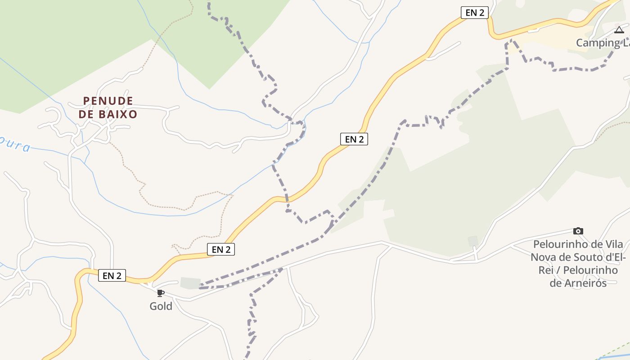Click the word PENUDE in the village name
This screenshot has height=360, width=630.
tap(108, 101)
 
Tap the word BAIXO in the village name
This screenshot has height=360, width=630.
tap(114, 114)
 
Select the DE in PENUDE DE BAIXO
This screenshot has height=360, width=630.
tap(85, 114)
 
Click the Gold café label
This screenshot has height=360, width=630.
tap(161, 306)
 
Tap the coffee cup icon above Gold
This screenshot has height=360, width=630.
tap(160, 293)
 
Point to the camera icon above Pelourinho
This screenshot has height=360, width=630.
tap(578, 231)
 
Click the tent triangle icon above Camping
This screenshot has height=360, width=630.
tap(619, 30)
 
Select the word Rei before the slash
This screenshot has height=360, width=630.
tap(541, 270)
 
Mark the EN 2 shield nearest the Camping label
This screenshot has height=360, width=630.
tap(475, 13)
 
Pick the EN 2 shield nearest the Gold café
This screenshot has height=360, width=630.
tap(112, 275)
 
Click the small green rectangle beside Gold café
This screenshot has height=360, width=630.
tap(190, 283)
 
